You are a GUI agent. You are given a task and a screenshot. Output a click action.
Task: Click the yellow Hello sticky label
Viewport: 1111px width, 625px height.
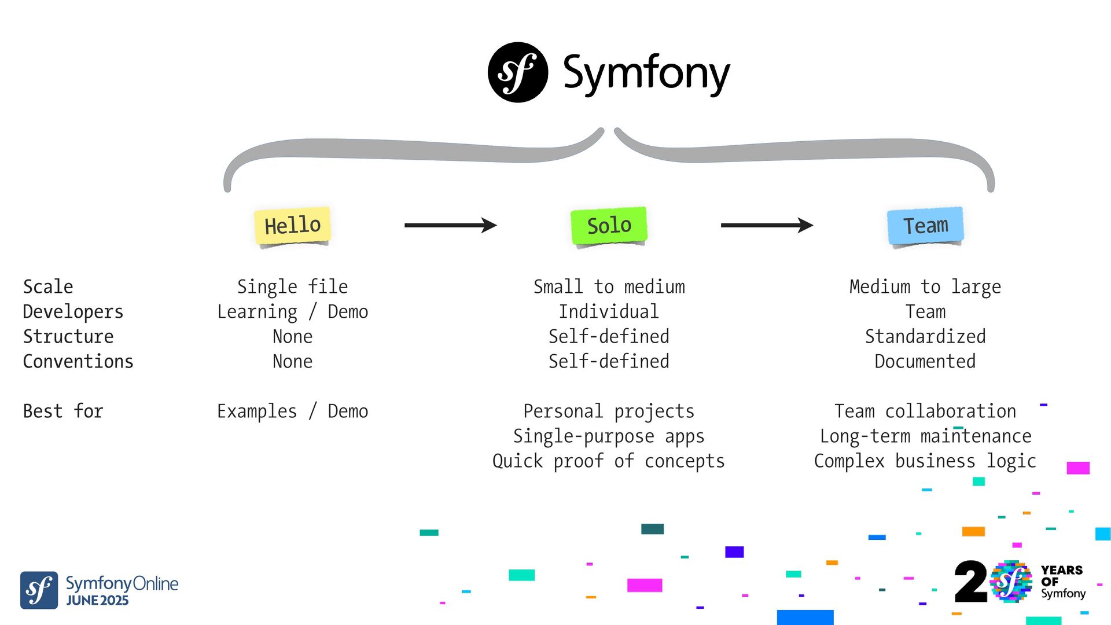(x=292, y=225)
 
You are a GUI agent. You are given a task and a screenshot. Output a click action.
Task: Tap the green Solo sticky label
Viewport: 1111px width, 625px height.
(x=609, y=225)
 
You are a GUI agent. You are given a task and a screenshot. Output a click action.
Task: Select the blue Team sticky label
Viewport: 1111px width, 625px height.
(x=925, y=225)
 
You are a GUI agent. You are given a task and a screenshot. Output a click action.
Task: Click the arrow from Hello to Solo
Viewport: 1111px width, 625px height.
(x=450, y=225)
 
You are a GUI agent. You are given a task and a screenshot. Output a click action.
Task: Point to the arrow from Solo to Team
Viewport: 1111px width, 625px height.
(x=767, y=225)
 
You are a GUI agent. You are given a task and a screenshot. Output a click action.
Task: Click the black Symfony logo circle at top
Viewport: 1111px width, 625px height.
(x=518, y=72)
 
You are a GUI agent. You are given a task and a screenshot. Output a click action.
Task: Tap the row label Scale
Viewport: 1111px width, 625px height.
(x=48, y=286)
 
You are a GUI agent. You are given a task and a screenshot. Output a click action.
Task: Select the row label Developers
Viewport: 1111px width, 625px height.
(x=73, y=311)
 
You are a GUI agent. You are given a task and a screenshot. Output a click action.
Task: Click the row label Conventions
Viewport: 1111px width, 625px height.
(x=78, y=361)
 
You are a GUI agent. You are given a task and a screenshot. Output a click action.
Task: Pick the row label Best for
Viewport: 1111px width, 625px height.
(x=63, y=411)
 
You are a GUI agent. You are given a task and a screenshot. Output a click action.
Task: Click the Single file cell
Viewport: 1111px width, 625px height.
(x=292, y=286)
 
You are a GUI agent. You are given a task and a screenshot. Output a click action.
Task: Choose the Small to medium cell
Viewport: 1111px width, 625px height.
(x=609, y=286)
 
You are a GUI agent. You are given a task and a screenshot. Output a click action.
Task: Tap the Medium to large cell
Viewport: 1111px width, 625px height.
(x=925, y=286)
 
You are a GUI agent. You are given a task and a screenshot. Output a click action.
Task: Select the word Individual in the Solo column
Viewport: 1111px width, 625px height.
(x=609, y=311)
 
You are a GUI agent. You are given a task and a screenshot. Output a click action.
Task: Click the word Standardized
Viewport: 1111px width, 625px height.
(x=925, y=336)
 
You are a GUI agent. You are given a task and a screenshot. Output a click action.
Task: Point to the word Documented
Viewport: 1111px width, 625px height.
(x=925, y=361)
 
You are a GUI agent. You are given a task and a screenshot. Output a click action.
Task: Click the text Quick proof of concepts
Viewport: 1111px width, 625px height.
(x=608, y=461)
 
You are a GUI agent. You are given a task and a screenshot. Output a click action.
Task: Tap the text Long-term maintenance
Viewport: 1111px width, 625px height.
(x=925, y=436)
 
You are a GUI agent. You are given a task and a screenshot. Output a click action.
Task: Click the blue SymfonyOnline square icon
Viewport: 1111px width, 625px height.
(x=39, y=590)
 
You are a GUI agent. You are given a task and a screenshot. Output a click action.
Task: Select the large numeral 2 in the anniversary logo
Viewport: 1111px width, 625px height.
(x=970, y=582)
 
